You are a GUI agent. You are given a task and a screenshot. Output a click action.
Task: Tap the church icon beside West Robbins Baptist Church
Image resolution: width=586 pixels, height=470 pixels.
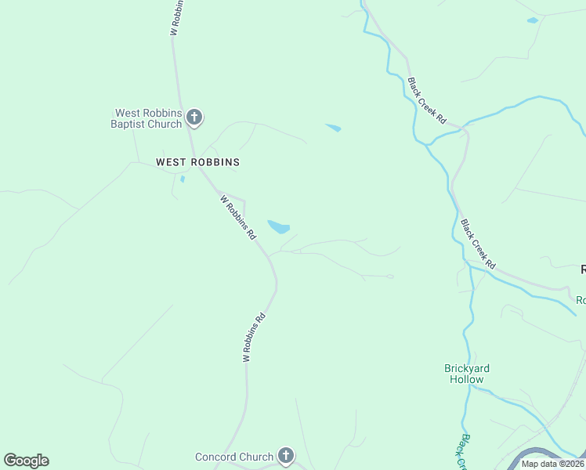tap(194, 118)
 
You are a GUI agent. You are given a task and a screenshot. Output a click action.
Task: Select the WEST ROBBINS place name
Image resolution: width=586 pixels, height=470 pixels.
tap(197, 162)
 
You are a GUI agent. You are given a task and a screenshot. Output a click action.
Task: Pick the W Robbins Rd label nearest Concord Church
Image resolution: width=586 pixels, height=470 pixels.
tap(255, 338)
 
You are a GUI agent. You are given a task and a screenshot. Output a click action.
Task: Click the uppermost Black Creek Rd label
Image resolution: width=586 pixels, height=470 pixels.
tap(426, 101)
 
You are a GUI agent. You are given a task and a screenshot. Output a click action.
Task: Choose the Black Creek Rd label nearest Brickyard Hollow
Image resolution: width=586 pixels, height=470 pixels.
tap(479, 245)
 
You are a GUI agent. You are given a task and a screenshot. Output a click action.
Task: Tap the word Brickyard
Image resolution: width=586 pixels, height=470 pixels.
tap(467, 368)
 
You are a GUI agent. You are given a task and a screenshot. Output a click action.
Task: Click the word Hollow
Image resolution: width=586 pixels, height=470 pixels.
tap(467, 379)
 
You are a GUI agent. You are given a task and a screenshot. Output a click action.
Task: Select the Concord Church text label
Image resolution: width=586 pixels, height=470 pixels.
tap(234, 457)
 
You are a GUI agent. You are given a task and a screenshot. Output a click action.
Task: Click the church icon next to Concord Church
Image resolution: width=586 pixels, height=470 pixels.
tap(286, 455)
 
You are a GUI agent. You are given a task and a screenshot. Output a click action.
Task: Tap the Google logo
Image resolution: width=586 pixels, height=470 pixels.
tap(26, 461)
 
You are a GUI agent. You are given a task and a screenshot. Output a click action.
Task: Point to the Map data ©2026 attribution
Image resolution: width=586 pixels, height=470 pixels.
tap(552, 464)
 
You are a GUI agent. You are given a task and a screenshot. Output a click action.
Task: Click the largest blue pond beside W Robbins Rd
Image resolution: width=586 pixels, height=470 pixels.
tap(279, 227)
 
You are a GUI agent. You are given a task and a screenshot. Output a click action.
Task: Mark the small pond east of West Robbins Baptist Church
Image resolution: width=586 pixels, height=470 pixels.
tap(333, 127)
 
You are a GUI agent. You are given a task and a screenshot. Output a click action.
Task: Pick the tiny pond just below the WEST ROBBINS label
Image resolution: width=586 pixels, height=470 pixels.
tap(182, 179)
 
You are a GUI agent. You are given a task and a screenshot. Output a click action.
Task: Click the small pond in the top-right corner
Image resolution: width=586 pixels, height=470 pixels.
tap(533, 20)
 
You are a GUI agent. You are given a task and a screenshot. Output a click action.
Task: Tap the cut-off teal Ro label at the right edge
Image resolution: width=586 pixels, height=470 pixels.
tap(581, 300)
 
